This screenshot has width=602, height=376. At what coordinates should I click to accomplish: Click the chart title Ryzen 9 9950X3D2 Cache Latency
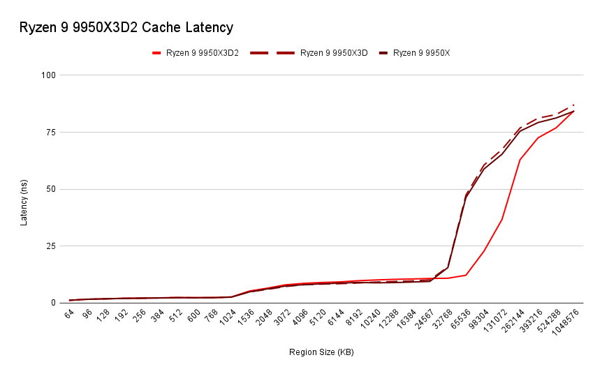coord(126,28)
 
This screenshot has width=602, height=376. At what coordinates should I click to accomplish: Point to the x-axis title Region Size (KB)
coord(321,352)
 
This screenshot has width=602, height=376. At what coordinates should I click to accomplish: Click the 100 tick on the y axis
coord(49,75)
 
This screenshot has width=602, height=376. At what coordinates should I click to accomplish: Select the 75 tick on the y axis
coord(51,132)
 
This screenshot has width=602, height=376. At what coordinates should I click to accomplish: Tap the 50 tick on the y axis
coord(51,189)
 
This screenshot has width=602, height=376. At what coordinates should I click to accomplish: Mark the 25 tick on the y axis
coord(51,246)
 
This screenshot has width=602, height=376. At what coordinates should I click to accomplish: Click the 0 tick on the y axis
coord(53,303)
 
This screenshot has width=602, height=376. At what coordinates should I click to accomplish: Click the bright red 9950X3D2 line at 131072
coord(502,219)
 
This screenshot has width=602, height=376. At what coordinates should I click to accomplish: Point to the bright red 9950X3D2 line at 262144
coord(520,160)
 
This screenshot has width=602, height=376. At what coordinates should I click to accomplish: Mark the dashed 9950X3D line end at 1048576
coord(574,105)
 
